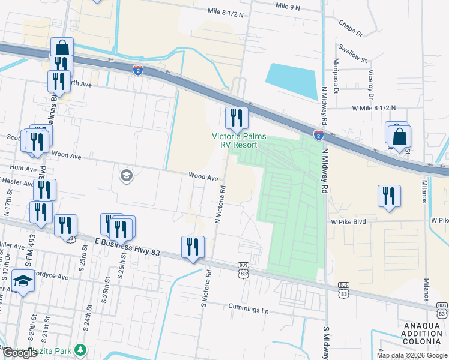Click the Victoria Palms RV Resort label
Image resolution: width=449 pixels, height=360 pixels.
click(x=238, y=140)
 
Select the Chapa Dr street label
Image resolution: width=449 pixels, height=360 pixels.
click(x=351, y=28)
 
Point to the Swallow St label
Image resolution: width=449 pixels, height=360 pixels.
click(x=352, y=54)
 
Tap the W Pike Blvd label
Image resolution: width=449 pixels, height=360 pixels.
click(x=348, y=221)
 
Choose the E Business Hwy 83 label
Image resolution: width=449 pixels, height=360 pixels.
click(x=127, y=247)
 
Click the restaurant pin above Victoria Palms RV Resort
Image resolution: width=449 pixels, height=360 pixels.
click(x=236, y=118)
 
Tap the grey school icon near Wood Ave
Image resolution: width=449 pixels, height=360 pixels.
click(x=126, y=176)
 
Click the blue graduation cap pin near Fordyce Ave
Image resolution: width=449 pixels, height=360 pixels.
click(x=23, y=281)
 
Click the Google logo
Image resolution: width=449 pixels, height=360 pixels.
click(x=20, y=353)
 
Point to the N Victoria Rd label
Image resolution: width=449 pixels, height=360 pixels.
click(x=221, y=204)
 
